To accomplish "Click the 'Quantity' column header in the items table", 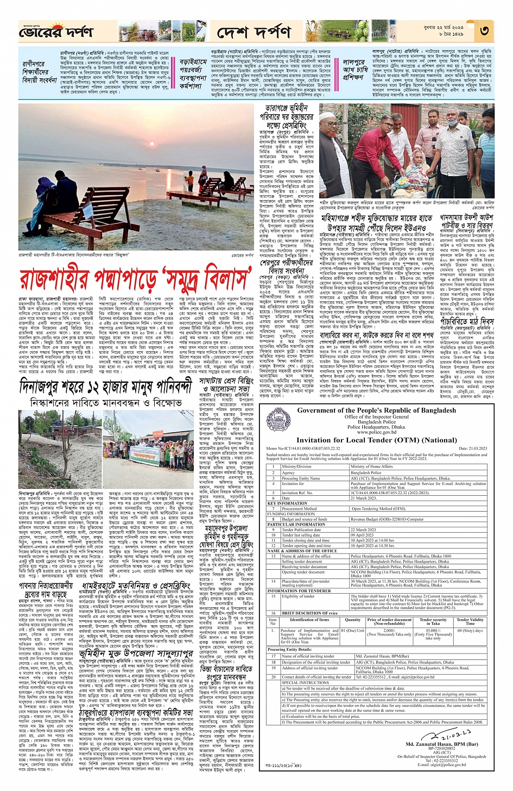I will pos(352,620).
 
